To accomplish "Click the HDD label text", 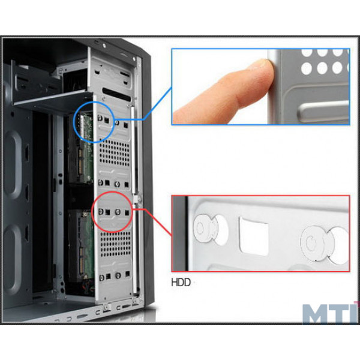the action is pyautogui.click(x=181, y=282).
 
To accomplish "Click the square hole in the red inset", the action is pyautogui.click(x=254, y=236).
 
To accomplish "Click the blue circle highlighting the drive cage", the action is pyautogui.click(x=76, y=122).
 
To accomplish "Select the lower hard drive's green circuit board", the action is pyautogui.click(x=86, y=245).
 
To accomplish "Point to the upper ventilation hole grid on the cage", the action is pyautogui.click(x=115, y=153).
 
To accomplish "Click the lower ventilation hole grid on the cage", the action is pyautogui.click(x=116, y=244).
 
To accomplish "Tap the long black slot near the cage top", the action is pyautogui.click(x=116, y=94).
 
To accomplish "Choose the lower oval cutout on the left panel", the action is pyautogui.click(x=13, y=259).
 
